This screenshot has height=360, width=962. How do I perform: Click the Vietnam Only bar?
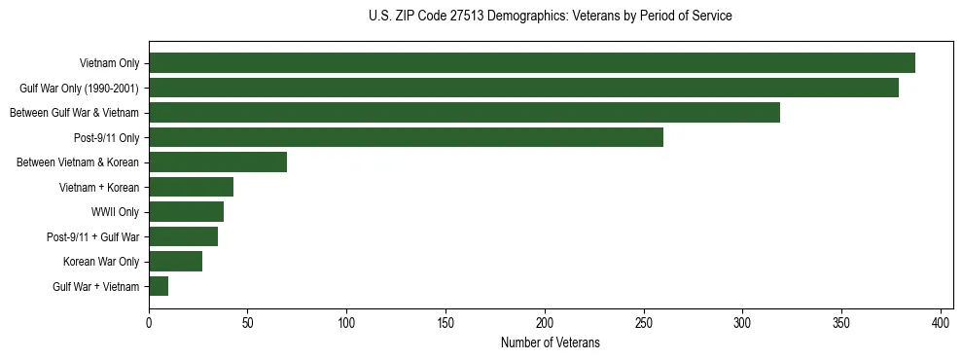click(531, 63)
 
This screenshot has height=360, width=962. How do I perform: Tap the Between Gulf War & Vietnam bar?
click(464, 113)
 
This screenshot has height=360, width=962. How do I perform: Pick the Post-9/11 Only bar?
click(406, 137)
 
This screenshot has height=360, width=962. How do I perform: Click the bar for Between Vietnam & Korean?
click(218, 162)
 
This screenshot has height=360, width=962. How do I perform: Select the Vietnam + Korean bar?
click(191, 187)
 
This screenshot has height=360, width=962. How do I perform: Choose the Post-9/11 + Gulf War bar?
click(183, 236)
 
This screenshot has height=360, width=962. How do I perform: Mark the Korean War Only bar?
click(175, 262)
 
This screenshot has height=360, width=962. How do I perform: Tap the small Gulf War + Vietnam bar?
click(159, 286)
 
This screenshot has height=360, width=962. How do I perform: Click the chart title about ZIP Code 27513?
click(550, 17)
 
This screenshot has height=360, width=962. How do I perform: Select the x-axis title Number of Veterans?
click(550, 343)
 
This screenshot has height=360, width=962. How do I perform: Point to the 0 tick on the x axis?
click(149, 322)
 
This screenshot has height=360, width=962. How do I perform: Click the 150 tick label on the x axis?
click(445, 322)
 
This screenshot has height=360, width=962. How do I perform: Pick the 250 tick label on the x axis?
click(644, 322)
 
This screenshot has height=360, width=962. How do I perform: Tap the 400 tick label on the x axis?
click(941, 322)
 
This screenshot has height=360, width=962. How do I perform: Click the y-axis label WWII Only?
click(115, 212)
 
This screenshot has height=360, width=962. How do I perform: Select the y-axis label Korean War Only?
click(101, 262)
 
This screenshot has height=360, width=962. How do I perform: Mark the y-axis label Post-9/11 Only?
click(106, 137)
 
